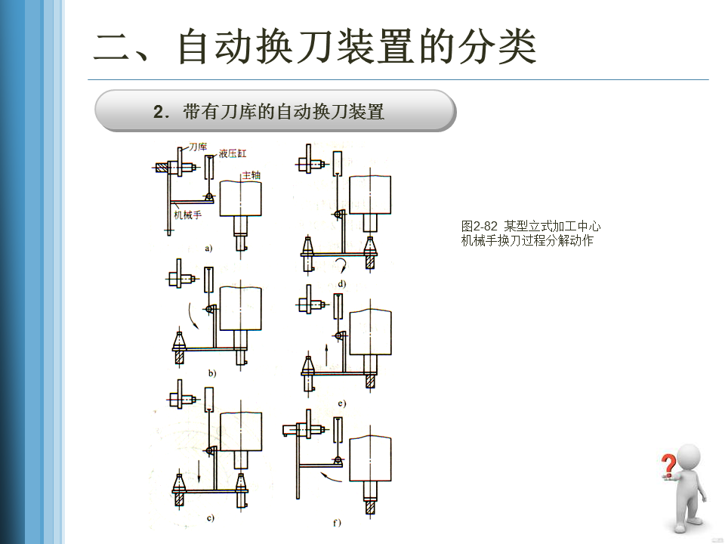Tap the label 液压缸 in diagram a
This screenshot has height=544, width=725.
tap(233, 153)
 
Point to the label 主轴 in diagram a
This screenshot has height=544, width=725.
tap(251, 175)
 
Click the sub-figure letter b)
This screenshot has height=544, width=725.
tap(212, 372)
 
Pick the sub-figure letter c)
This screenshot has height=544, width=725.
tap(210, 518)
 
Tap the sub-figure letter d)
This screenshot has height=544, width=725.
tap(341, 284)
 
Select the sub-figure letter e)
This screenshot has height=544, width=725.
tap(341, 404)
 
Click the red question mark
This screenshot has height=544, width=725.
tap(668, 465)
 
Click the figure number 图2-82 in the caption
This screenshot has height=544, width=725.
tap(480, 226)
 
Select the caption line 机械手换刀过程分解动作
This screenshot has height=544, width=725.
tap(527, 241)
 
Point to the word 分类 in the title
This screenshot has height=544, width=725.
tap(498, 47)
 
